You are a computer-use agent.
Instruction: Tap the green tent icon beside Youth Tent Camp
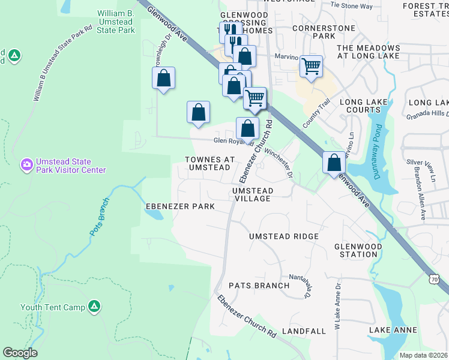click(x=94, y=307)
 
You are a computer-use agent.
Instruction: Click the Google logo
click(x=20, y=353)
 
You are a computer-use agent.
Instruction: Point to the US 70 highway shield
click(x=435, y=279)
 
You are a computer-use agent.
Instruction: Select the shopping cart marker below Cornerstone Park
click(x=311, y=67)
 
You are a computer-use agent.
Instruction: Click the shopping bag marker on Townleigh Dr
click(x=163, y=78)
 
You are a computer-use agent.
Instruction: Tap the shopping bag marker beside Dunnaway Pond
click(x=334, y=162)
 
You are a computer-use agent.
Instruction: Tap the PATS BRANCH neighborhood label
click(x=263, y=286)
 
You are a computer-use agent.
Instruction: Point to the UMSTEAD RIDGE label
click(x=284, y=236)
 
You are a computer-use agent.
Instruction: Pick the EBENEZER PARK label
click(x=180, y=206)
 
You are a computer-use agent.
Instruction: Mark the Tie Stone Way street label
click(x=352, y=5)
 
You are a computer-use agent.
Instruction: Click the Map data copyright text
click(x=423, y=355)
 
